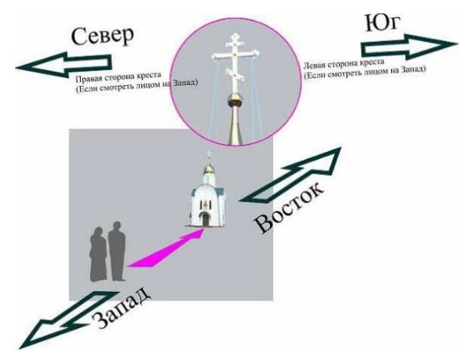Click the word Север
tap(103, 35)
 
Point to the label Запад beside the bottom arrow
tap(121, 307)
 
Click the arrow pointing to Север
tap(64, 65)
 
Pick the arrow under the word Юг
tap(410, 46)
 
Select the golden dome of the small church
tap(209, 169)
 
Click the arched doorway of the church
tap(205, 220)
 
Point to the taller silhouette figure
tap(116, 251)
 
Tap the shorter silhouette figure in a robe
tap(98, 253)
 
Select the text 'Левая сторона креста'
tap(343, 63)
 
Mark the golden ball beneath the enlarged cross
tap(236, 100)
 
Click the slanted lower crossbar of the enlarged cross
tap(235, 74)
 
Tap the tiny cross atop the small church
tap(209, 155)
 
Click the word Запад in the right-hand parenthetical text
tap(413, 70)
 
